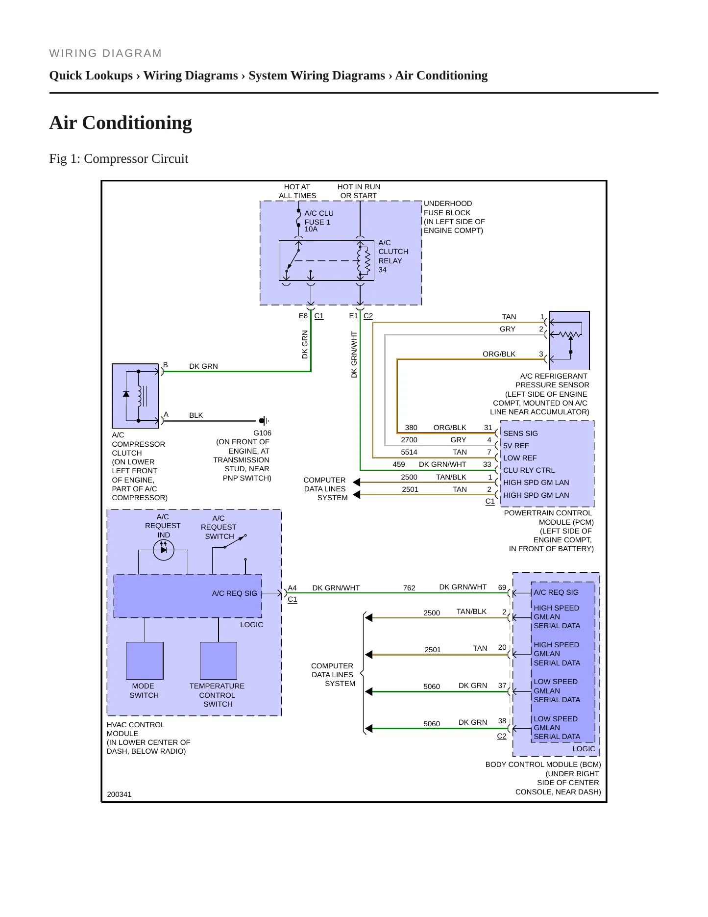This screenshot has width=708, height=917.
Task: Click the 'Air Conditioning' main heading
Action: (121, 123)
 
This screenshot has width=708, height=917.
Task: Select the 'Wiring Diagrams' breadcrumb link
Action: (191, 76)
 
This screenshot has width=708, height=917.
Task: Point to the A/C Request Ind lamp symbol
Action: (164, 550)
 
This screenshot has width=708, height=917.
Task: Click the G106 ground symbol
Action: (264, 420)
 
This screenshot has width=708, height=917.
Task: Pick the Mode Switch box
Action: (145, 661)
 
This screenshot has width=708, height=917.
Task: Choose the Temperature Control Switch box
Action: (219, 661)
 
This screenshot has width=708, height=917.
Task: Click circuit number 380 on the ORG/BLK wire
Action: (411, 428)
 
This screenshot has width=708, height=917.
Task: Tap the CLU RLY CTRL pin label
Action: (529, 470)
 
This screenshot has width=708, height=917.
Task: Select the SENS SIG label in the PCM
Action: (520, 433)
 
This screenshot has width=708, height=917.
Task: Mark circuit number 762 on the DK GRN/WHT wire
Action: (409, 588)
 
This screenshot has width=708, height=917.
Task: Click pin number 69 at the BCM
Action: (502, 587)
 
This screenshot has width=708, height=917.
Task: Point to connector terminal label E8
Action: (303, 316)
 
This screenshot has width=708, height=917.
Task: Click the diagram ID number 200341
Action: (119, 794)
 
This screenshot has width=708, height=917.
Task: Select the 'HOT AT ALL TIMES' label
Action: (297, 191)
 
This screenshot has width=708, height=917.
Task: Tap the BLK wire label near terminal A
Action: (196, 415)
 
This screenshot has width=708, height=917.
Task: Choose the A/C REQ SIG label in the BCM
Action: (556, 592)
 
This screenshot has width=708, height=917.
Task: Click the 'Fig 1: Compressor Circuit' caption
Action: (119, 159)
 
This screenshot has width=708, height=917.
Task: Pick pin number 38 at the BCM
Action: (502, 721)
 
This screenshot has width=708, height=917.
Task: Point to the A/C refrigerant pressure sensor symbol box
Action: (569, 340)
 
